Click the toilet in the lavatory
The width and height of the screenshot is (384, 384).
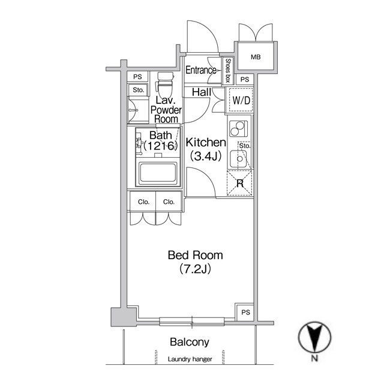[166, 85]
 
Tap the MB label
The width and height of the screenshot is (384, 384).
[256, 58]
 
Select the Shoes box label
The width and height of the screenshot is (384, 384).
[228, 71]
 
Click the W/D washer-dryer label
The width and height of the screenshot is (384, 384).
[241, 100]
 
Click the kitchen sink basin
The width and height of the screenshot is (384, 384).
[238, 158]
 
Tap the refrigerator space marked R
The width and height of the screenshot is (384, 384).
[240, 183]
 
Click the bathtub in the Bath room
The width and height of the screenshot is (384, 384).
[158, 173]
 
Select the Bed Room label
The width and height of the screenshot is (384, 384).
[195, 256]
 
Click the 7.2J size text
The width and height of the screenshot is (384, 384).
[195, 269]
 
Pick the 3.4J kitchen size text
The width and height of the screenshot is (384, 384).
[206, 156]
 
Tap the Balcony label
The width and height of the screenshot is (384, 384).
[190, 342]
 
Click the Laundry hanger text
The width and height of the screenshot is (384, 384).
[190, 359]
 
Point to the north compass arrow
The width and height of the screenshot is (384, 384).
[314, 337]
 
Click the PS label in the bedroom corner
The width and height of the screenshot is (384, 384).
[245, 312]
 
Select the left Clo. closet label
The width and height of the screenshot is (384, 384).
[144, 202]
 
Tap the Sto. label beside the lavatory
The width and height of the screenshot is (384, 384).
[138, 90]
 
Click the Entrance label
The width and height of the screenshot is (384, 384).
[201, 70]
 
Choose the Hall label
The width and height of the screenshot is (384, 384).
[202, 92]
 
